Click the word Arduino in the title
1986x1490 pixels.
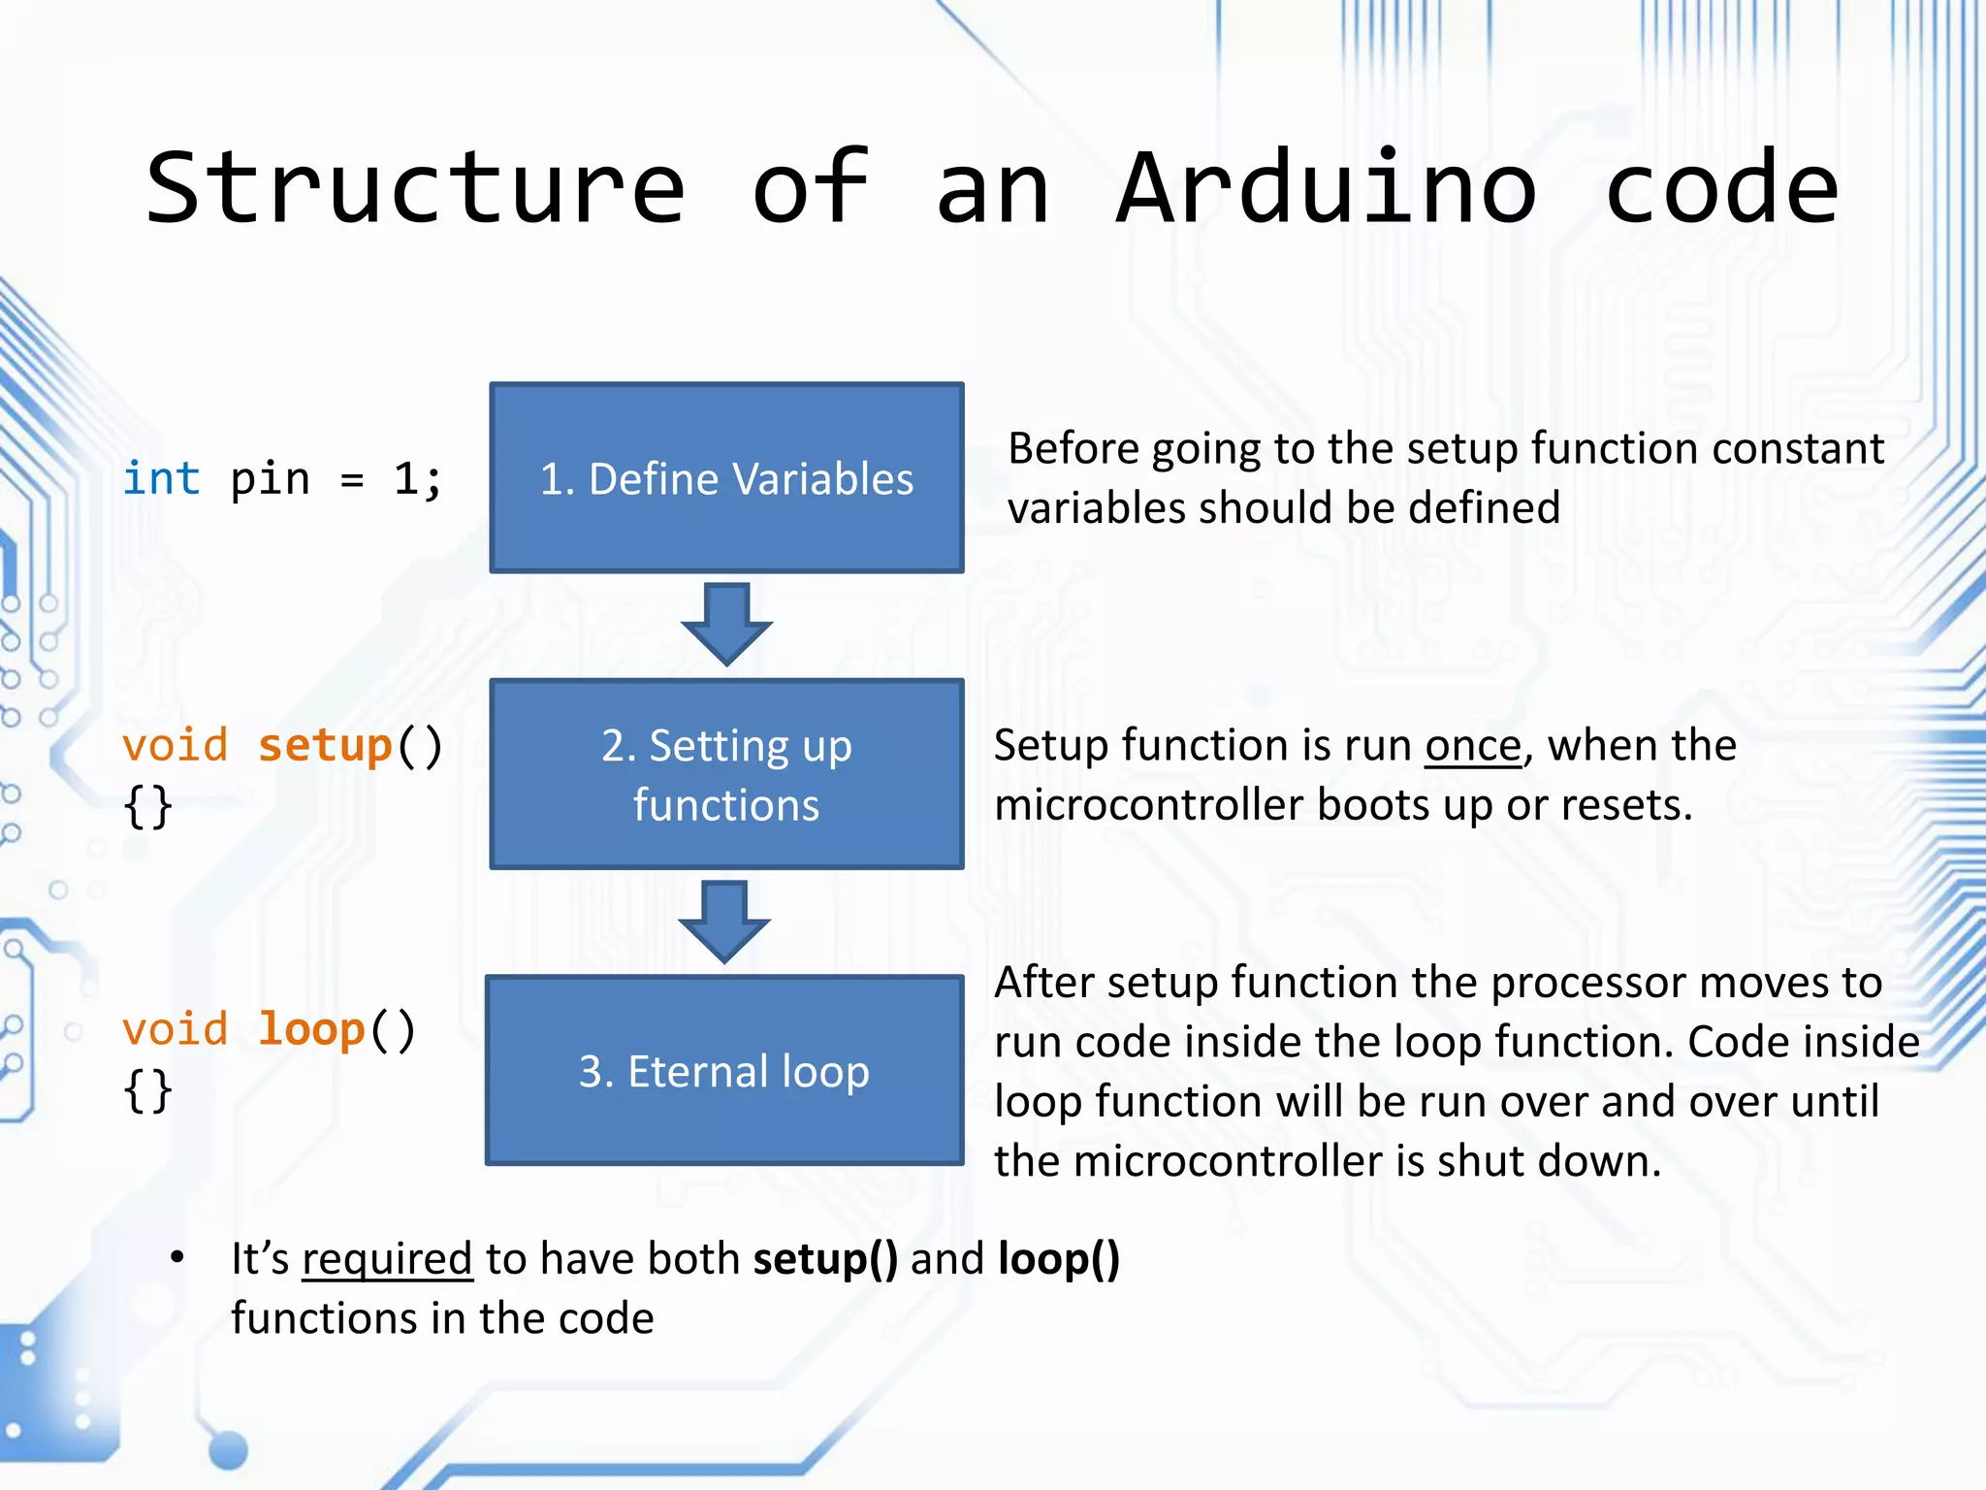pos(1327,188)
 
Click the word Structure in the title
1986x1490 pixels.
pos(415,188)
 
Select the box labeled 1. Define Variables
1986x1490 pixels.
pos(726,477)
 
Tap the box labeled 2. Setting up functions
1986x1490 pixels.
pos(726,774)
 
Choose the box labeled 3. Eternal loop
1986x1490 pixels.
pos(724,1070)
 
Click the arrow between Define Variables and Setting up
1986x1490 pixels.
pos(726,623)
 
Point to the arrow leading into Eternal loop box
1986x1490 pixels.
pos(724,920)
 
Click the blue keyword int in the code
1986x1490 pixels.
pos(161,479)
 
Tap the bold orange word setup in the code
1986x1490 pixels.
pos(325,746)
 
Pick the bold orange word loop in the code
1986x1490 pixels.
pos(311,1029)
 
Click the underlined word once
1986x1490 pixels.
pos(1473,746)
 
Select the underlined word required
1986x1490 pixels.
pos(387,1259)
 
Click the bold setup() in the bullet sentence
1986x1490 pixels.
pos(825,1259)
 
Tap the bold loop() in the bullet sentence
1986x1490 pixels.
pos(1059,1259)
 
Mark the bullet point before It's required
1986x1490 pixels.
pos(176,1258)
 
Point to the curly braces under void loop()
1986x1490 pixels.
pos(148,1091)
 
